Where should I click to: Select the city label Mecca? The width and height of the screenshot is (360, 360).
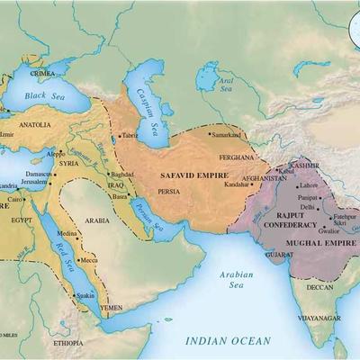88,261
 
